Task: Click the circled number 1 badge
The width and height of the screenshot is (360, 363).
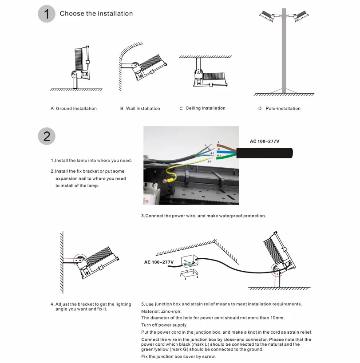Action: pyautogui.click(x=47, y=13)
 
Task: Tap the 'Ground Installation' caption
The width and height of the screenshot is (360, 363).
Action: pyautogui.click(x=74, y=109)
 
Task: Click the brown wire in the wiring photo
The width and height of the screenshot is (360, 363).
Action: pyautogui.click(x=227, y=146)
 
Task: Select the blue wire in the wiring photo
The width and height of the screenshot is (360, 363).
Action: pyautogui.click(x=227, y=152)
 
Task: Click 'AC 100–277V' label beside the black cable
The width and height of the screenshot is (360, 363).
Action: pyautogui.click(x=265, y=141)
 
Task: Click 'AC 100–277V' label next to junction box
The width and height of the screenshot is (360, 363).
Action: pyautogui.click(x=158, y=262)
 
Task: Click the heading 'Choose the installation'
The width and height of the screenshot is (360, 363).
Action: pyautogui.click(x=96, y=14)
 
